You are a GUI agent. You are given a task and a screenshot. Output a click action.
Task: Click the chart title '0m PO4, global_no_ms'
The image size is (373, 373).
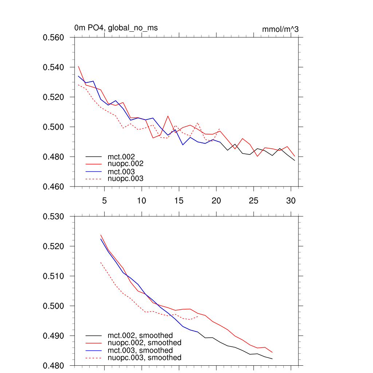point(116,28)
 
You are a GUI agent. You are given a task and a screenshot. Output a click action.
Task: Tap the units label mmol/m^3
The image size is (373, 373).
point(280,29)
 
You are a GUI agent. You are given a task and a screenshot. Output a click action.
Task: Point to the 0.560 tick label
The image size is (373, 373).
point(54,38)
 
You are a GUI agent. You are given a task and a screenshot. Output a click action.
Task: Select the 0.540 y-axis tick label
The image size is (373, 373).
point(54,67)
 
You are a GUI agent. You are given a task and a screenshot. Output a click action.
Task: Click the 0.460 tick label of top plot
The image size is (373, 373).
point(54,187)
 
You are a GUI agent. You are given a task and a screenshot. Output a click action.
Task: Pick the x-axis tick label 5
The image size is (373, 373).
point(105,201)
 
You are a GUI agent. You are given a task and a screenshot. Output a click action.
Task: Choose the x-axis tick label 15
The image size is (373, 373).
point(179,201)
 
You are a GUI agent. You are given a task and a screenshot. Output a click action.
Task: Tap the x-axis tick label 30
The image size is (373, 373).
point(291,201)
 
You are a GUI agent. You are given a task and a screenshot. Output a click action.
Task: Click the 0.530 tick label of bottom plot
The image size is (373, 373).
point(54,217)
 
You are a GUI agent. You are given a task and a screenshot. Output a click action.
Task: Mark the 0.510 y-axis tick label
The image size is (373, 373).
point(54,276)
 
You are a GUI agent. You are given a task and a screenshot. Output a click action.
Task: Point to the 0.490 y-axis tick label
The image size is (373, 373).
point(54,336)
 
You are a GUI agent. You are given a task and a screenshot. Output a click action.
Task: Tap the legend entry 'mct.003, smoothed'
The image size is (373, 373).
point(140,350)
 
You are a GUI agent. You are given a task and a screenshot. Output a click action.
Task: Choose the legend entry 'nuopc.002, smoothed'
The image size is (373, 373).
point(144,343)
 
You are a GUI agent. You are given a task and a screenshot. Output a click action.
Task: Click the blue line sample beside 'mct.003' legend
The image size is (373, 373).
point(94,172)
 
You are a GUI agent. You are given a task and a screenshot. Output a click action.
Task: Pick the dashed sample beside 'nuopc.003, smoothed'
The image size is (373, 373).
point(94,358)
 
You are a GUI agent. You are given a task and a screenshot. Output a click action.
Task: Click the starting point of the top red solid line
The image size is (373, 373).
point(78,66)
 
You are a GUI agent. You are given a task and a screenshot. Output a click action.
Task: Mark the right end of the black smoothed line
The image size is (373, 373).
point(272,359)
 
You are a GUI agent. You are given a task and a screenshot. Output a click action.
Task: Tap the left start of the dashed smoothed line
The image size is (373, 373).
point(101,262)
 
